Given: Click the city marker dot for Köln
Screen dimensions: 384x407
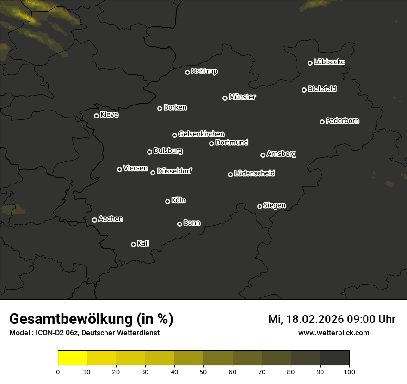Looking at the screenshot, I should (167, 201).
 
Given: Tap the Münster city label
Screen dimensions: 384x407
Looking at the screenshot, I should (242, 97).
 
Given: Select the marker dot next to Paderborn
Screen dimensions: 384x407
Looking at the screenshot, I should (322, 122).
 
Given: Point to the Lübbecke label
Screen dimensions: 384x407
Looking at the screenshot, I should (329, 62).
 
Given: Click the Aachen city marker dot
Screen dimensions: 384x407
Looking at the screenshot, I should (94, 220).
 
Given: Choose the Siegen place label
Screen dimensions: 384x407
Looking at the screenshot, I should (274, 205).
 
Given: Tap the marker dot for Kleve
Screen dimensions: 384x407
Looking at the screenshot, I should (96, 116).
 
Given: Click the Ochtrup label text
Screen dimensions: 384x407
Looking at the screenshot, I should (204, 71).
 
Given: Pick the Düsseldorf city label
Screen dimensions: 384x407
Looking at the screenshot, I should (174, 171).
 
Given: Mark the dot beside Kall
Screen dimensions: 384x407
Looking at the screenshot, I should (133, 244).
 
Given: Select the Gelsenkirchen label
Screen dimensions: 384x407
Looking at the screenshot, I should (201, 134).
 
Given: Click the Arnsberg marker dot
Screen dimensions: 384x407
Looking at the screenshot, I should (263, 155).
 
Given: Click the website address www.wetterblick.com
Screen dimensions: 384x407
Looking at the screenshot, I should (333, 333).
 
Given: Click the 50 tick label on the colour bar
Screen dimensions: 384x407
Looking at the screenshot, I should (203, 372).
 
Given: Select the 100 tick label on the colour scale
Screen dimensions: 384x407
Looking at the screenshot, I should (349, 372).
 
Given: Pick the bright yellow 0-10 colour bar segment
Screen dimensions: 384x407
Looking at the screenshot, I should (73, 358).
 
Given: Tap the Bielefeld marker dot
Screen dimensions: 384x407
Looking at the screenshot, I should (304, 90).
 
